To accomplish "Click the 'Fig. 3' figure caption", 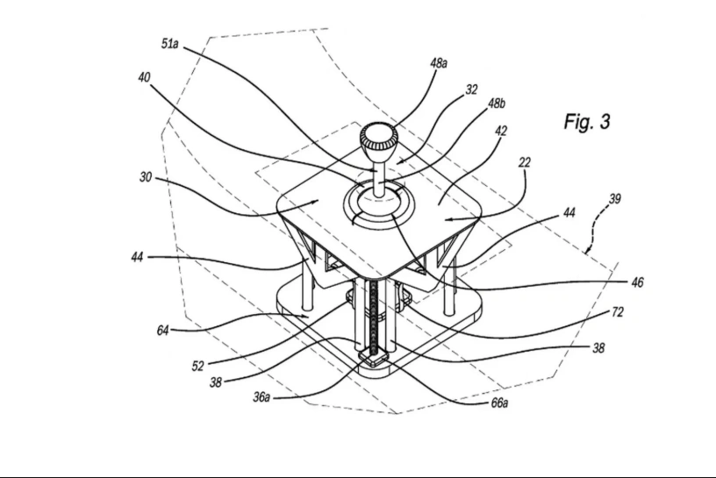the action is click(587, 121).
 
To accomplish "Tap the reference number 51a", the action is click(170, 44).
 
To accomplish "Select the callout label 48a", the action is click(439, 63).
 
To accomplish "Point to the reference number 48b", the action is click(497, 103).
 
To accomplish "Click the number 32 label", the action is click(471, 89).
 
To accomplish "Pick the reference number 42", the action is click(501, 131).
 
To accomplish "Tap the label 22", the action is click(525, 162).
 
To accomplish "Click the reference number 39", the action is click(615, 198).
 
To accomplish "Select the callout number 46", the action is click(637, 282).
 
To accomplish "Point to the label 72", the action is click(618, 312).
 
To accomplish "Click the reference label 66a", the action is click(499, 403).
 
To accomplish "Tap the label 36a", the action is click(261, 397).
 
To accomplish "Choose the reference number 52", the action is click(197, 366).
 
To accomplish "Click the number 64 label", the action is click(162, 330).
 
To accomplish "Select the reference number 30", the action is click(145, 176).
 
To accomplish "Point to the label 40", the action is click(144, 77).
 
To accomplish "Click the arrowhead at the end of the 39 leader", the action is click(588, 250).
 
